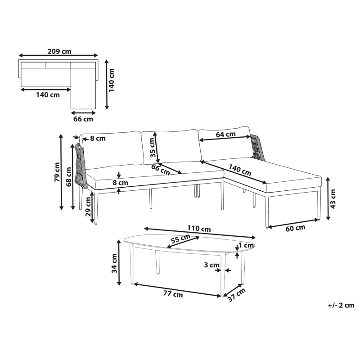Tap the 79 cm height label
click(57, 172)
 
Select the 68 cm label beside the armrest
click(69, 176)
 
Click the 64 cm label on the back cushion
click(226, 134)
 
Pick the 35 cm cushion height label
click(153, 147)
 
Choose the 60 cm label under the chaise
click(295, 227)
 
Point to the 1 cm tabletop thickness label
click(247, 245)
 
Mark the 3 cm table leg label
click(210, 265)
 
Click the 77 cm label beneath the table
click(172, 295)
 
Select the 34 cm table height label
click(114, 263)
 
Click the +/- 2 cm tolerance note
click(341, 306)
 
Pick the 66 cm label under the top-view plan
click(83, 119)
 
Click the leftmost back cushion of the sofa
click(113, 148)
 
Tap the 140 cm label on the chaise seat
click(240, 168)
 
